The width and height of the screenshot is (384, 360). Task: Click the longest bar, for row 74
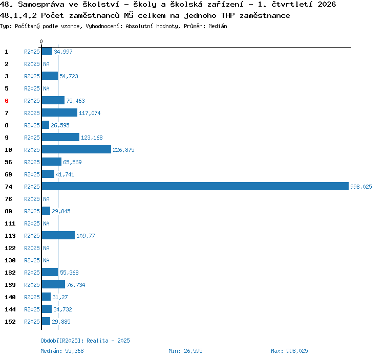pos(195,186)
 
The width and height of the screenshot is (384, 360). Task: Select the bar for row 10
pos(76,149)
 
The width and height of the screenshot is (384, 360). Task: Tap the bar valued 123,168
pos(60,137)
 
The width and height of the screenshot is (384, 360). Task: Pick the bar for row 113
pos(58,235)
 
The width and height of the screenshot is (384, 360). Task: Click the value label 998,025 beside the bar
pos(361,187)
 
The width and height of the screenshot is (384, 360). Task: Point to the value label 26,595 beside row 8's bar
pos(60,125)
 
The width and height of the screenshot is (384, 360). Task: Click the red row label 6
pos(7,101)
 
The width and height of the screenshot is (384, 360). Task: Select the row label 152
pos(10,322)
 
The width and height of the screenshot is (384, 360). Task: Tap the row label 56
pos(8,162)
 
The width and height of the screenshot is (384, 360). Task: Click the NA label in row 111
pos(46,223)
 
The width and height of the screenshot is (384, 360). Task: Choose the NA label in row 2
pos(46,64)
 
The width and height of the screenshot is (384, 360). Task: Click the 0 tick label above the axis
pos(41,41)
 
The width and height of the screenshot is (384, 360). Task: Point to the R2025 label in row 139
pos(32,285)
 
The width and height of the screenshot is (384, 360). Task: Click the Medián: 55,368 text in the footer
pos(62,351)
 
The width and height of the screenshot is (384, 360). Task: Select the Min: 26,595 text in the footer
pos(185,351)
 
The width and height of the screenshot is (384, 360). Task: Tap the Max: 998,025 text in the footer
pos(289,351)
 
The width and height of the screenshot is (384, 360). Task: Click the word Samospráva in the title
pos(41,5)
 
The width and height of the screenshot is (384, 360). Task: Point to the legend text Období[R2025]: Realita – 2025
pos(85,341)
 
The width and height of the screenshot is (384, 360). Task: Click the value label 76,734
pos(76,285)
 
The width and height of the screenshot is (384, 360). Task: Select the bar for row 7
pos(59,112)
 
